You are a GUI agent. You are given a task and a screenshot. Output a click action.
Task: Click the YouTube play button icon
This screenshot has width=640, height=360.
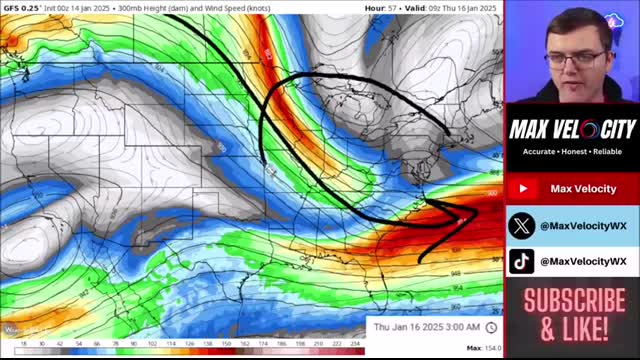click(522, 189)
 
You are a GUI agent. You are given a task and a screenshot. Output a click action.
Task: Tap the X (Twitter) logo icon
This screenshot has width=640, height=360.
click(522, 225)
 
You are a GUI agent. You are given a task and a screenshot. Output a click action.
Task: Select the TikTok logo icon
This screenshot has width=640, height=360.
click(522, 261)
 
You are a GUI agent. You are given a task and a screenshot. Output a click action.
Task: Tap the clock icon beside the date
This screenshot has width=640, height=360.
click(491, 327)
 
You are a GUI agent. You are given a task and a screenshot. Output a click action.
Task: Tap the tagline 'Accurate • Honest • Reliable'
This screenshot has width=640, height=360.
click(572, 152)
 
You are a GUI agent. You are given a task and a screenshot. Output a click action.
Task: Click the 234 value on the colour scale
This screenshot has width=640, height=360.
click(354, 343)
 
